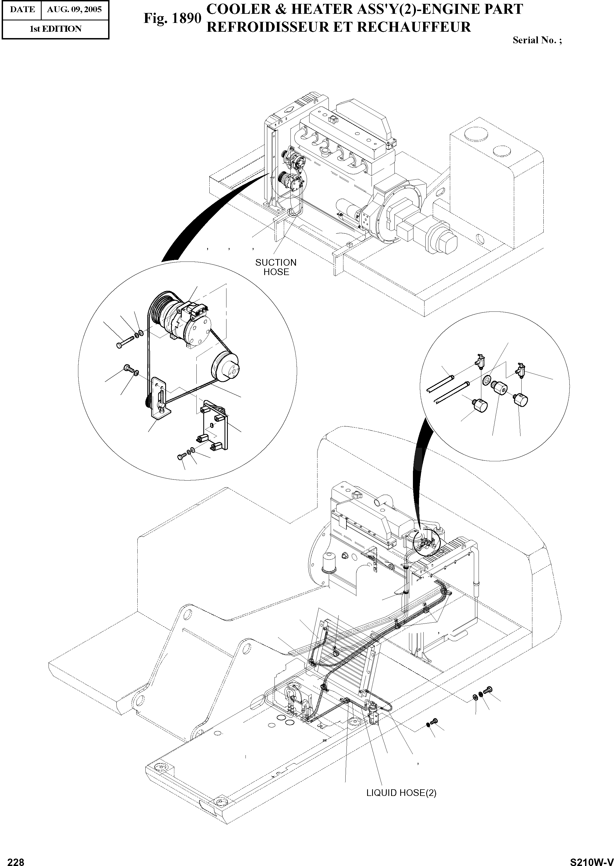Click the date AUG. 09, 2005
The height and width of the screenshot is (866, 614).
click(74, 9)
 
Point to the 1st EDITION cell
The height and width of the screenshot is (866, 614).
click(55, 29)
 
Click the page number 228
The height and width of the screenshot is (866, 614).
click(16, 860)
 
